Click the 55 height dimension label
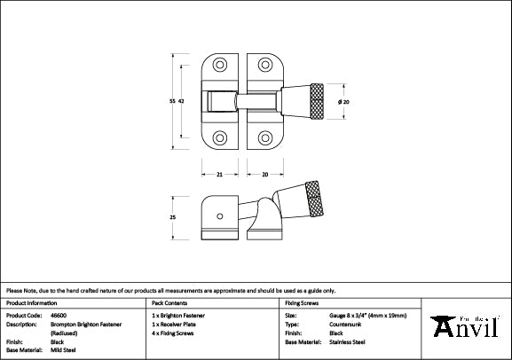click(x=171, y=102)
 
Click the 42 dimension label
click(x=181, y=102)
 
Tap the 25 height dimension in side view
click(x=171, y=217)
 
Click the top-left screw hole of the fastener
click(x=219, y=67)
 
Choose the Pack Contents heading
click(x=175, y=303)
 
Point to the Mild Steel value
click(x=64, y=349)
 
